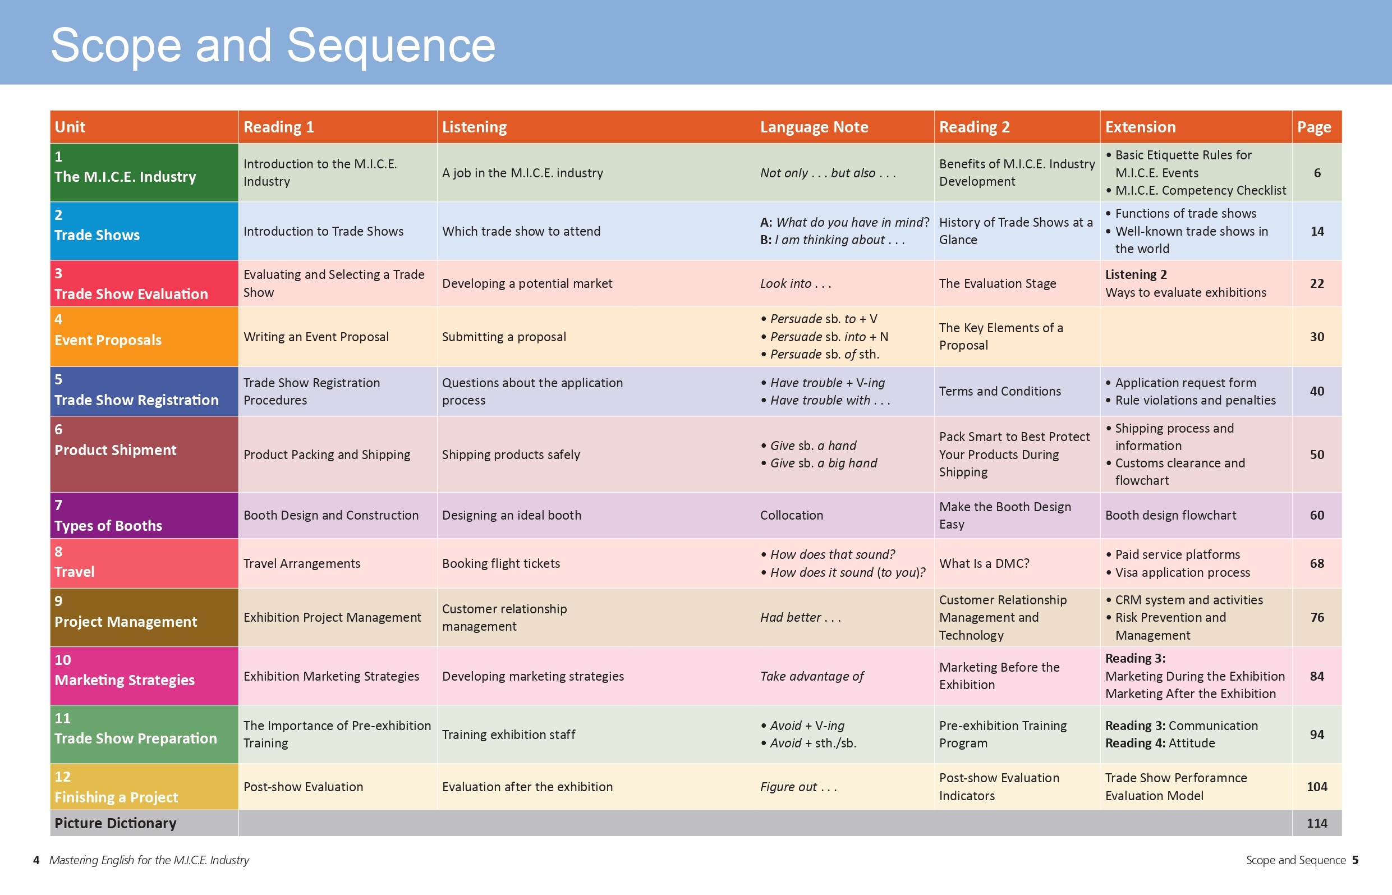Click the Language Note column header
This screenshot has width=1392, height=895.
pyautogui.click(x=814, y=127)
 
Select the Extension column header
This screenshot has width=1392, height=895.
pyautogui.click(x=1140, y=127)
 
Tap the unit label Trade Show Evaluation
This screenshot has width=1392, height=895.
pyautogui.click(x=131, y=294)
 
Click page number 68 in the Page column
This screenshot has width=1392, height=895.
pyautogui.click(x=1316, y=563)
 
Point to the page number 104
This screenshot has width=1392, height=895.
pyautogui.click(x=1316, y=787)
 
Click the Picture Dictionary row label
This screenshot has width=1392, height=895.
pyautogui.click(x=116, y=824)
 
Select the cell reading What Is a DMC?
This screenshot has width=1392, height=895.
pyautogui.click(x=984, y=563)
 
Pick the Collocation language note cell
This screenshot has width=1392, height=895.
pyautogui.click(x=791, y=515)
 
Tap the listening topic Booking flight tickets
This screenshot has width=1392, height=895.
pyautogui.click(x=501, y=563)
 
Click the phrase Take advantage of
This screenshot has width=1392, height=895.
pyautogui.click(x=812, y=676)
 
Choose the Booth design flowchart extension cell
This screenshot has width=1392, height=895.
pyautogui.click(x=1170, y=515)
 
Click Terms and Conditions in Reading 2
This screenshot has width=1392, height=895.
pyautogui.click(x=1000, y=391)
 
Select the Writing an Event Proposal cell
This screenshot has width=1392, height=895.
pyautogui.click(x=316, y=337)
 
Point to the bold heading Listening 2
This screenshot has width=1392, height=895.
pyautogui.click(x=1136, y=274)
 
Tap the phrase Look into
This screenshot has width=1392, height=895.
pyautogui.click(x=796, y=283)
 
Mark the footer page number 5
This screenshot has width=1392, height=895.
pyautogui.click(x=1355, y=860)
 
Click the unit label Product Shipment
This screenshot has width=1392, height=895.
pyautogui.click(x=116, y=450)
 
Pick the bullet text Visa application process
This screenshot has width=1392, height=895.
pyautogui.click(x=1182, y=572)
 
